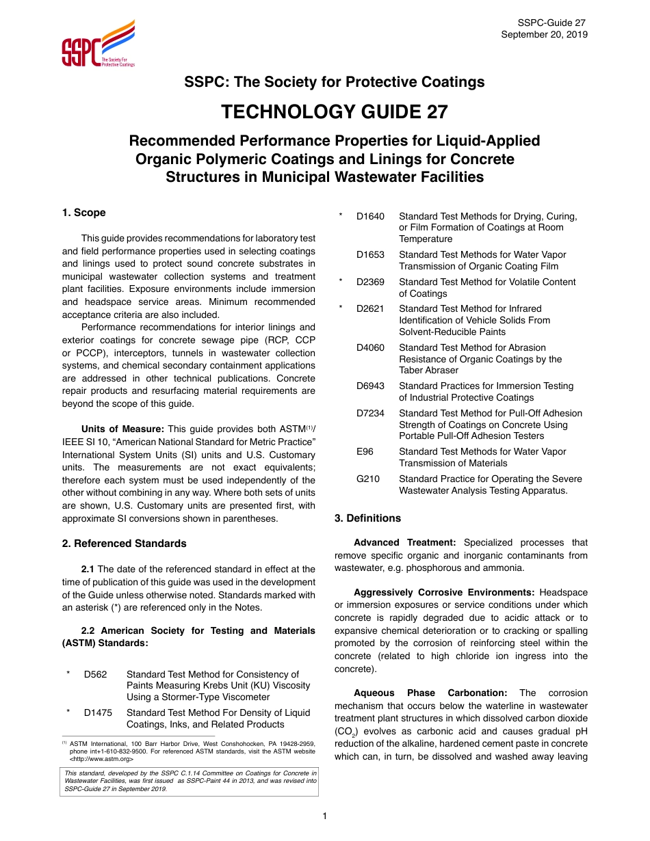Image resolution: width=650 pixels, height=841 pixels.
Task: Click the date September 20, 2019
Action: click(x=544, y=35)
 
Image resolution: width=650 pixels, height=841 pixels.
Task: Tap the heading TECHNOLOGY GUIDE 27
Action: click(x=335, y=111)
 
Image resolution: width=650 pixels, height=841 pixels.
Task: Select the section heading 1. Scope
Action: click(x=83, y=213)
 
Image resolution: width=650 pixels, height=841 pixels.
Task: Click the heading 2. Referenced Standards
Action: click(x=124, y=544)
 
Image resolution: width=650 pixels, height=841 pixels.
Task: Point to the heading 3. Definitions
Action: click(x=367, y=518)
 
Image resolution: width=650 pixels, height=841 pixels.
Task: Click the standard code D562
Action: click(x=96, y=674)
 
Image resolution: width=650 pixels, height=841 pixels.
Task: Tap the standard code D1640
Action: click(x=370, y=216)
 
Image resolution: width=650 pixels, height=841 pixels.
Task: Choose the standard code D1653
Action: click(x=370, y=254)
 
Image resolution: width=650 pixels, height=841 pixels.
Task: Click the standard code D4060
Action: click(x=370, y=347)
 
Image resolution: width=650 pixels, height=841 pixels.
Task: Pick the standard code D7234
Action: click(x=370, y=413)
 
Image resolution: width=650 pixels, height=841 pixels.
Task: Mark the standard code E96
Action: click(x=365, y=451)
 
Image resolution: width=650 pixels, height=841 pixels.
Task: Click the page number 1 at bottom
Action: click(x=325, y=815)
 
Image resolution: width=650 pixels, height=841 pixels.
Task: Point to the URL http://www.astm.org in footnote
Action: click(x=101, y=758)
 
